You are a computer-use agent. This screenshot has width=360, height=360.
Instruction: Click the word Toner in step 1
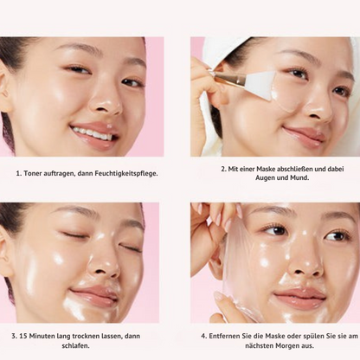pos(33,173)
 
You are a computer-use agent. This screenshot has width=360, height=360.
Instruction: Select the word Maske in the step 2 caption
pos(265,169)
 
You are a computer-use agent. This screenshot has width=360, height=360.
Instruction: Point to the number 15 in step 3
pos(23,336)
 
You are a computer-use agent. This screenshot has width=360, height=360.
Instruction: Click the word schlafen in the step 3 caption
pos(74,345)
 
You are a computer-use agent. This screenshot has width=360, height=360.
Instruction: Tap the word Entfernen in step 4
pos(223,336)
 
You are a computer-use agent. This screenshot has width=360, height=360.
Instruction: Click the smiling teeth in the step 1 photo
pos(93,133)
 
